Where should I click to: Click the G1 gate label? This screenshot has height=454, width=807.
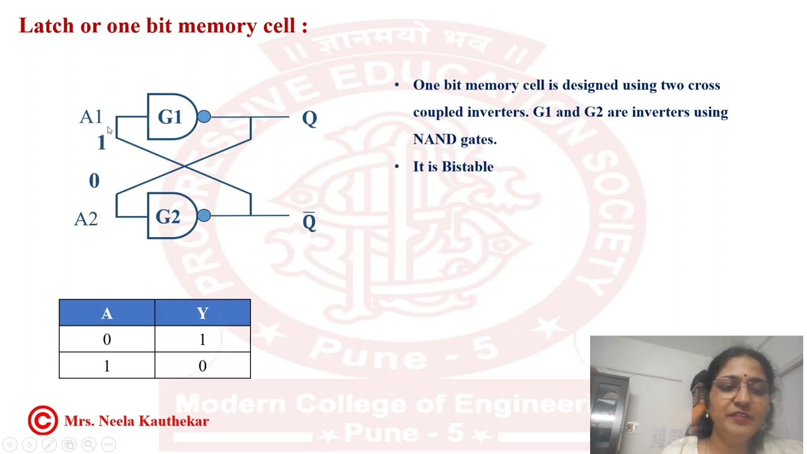tap(169, 117)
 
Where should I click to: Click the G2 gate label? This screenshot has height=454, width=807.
tap(168, 217)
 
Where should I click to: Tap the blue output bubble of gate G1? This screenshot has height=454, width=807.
tap(204, 117)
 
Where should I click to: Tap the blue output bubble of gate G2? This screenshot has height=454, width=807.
tap(204, 216)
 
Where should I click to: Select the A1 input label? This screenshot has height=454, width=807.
tap(91, 117)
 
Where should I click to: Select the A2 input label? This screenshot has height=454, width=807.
tap(86, 219)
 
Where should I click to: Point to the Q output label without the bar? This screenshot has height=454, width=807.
tap(309, 119)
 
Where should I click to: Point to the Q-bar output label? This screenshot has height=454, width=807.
tap(309, 222)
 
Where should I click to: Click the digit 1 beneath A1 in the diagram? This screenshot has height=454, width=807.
tap(101, 143)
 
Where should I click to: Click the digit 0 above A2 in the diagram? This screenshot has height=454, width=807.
tap(94, 182)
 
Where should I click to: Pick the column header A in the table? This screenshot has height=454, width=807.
tap(107, 313)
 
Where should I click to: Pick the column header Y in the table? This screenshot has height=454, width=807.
tap(202, 313)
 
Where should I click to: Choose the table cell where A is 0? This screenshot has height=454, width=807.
tap(107, 340)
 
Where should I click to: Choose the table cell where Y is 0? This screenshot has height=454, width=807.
tap(202, 366)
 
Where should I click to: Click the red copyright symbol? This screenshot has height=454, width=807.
tap(42, 421)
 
